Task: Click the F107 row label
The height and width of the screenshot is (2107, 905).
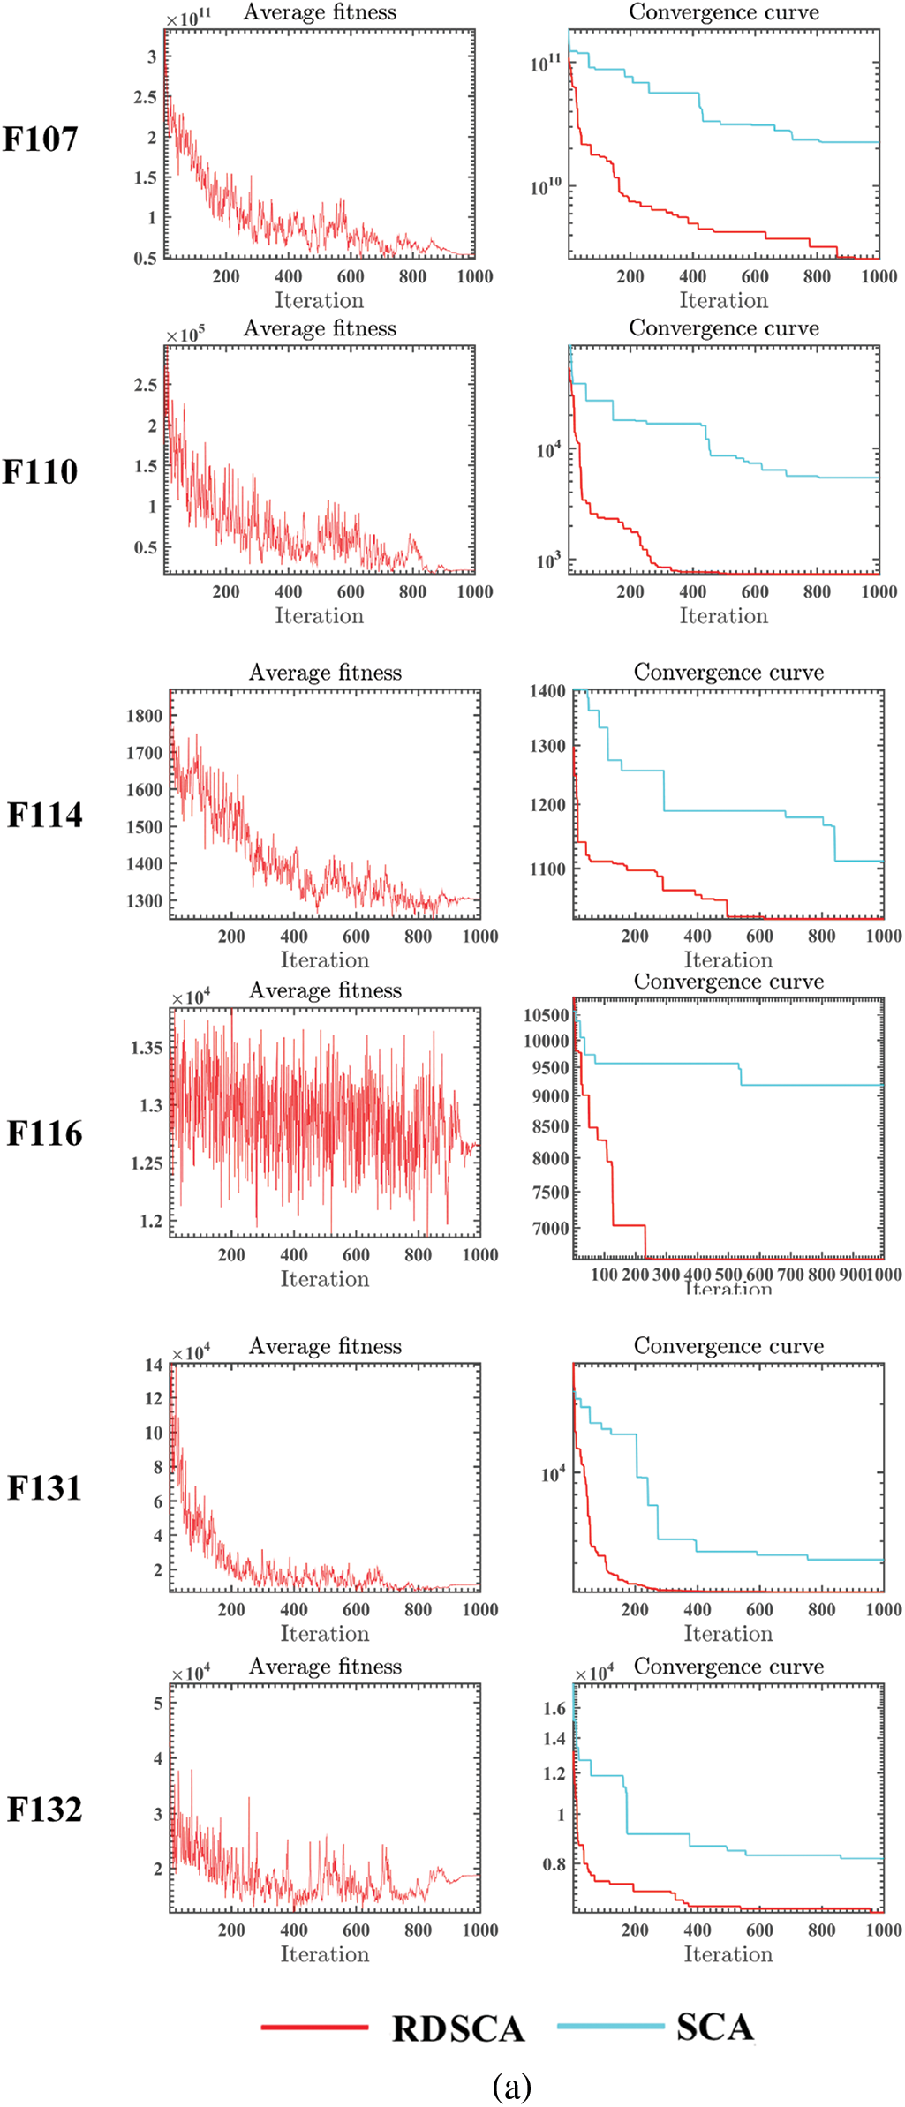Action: (40, 139)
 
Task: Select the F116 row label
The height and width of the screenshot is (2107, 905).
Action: (44, 1134)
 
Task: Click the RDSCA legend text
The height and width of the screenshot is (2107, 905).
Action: (458, 2028)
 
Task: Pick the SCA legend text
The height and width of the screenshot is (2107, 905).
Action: (715, 2027)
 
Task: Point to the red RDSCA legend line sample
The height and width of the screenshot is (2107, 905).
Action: (314, 2028)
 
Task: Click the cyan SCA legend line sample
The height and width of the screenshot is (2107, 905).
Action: (610, 2026)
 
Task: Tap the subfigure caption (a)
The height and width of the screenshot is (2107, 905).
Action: (512, 2087)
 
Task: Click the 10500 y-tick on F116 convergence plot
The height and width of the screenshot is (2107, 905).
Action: (546, 1015)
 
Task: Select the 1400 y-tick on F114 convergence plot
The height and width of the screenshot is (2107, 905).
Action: (547, 691)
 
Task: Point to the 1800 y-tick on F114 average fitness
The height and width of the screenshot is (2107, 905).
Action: (144, 716)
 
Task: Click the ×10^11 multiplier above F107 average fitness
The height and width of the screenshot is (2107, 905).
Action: (189, 19)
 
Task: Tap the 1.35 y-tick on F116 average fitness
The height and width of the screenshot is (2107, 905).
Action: (147, 1048)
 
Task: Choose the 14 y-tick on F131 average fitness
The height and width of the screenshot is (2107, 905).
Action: (154, 1366)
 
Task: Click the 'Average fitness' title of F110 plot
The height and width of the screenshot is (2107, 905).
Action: (320, 328)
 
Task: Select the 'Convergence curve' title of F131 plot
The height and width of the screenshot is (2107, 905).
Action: (728, 1346)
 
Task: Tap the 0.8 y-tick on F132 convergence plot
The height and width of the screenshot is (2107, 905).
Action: (554, 1865)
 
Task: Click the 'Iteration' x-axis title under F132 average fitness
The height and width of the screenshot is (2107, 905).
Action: (325, 1954)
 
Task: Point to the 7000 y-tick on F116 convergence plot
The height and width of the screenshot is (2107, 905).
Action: (550, 1228)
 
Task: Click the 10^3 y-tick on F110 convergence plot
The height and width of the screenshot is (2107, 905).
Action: (548, 561)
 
